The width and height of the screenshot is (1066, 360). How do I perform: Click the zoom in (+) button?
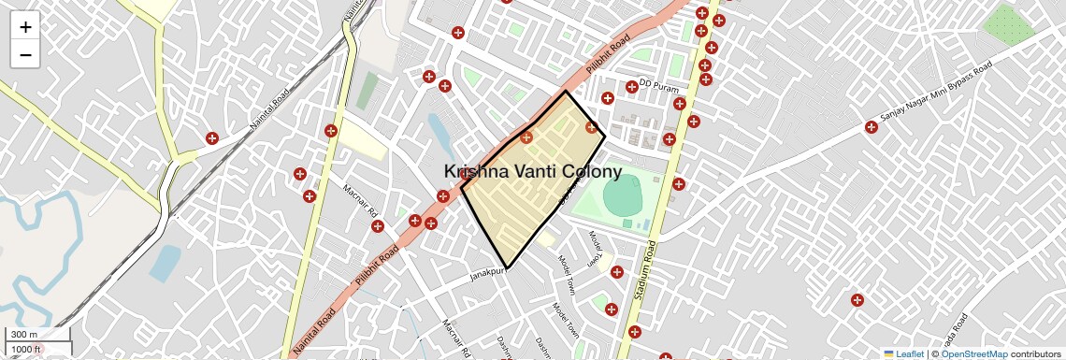point(25,27)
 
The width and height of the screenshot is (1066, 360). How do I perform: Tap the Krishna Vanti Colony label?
point(532,172)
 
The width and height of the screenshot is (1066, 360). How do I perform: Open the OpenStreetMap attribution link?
point(974,353)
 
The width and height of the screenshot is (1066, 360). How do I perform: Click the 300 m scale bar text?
point(24,335)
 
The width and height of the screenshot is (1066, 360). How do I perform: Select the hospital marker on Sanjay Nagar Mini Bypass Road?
point(871,126)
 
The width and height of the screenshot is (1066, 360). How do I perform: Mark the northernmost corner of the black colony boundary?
point(566,92)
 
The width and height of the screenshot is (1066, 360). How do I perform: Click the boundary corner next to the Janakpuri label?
point(508,268)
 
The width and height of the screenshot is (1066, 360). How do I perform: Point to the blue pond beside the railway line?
point(166,262)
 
